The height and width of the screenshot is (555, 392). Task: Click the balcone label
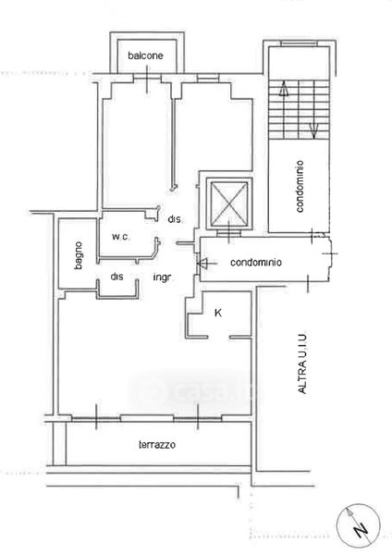(x=145, y=55)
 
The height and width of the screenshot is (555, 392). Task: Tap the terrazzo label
(x=157, y=444)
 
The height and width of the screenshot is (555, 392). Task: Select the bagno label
(x=79, y=255)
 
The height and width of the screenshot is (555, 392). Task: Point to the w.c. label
(x=120, y=237)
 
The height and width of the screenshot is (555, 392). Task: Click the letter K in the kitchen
(x=218, y=313)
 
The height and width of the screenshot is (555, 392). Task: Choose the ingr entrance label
(x=162, y=277)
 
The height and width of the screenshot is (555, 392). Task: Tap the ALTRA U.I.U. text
(x=302, y=364)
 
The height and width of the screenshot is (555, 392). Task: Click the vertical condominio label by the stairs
(x=300, y=187)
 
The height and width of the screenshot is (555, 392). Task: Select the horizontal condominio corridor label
(x=256, y=263)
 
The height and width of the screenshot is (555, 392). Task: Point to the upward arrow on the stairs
(x=284, y=89)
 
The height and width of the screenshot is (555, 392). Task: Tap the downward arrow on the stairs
(x=314, y=130)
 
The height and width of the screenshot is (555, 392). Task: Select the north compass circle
(x=359, y=524)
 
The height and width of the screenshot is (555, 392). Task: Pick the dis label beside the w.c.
(x=175, y=219)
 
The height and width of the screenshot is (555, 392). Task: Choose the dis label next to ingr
(x=116, y=277)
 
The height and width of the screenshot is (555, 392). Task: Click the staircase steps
(x=299, y=108)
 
